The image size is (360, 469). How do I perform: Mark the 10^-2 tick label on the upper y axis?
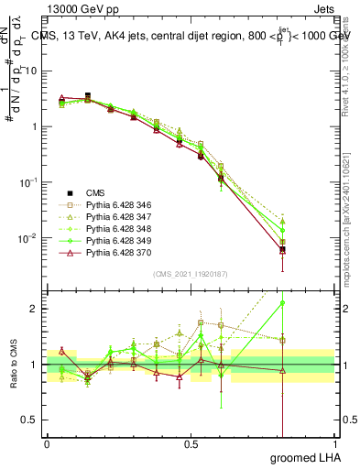27,238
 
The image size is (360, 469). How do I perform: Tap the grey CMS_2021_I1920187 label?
190,274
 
